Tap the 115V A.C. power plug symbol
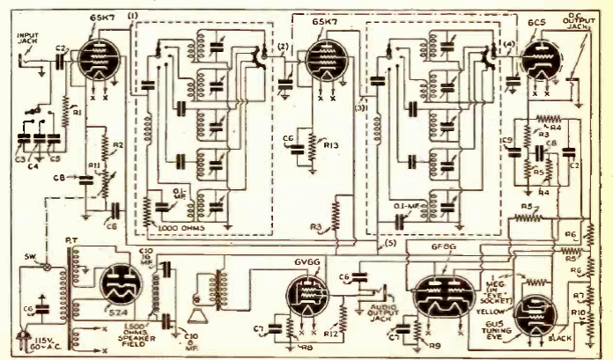click(x=19, y=337)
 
